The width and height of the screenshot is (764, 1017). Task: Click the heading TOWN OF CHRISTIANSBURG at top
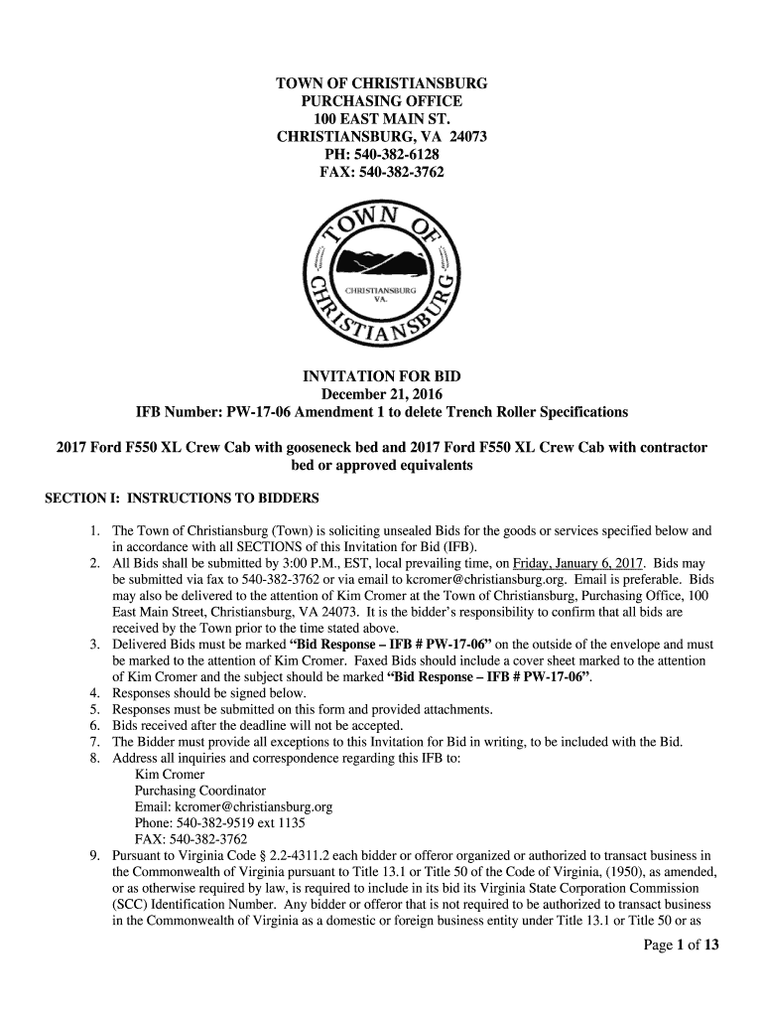(x=382, y=83)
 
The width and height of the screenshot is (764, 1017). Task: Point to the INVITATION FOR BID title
(x=382, y=376)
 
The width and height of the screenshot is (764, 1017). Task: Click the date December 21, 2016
(x=382, y=394)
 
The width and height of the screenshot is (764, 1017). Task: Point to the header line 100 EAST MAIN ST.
(x=382, y=119)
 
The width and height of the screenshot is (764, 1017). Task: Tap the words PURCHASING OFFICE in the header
(x=382, y=101)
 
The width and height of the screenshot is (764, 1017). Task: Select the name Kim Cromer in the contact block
(x=170, y=774)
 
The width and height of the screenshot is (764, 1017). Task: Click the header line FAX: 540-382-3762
(x=382, y=173)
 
